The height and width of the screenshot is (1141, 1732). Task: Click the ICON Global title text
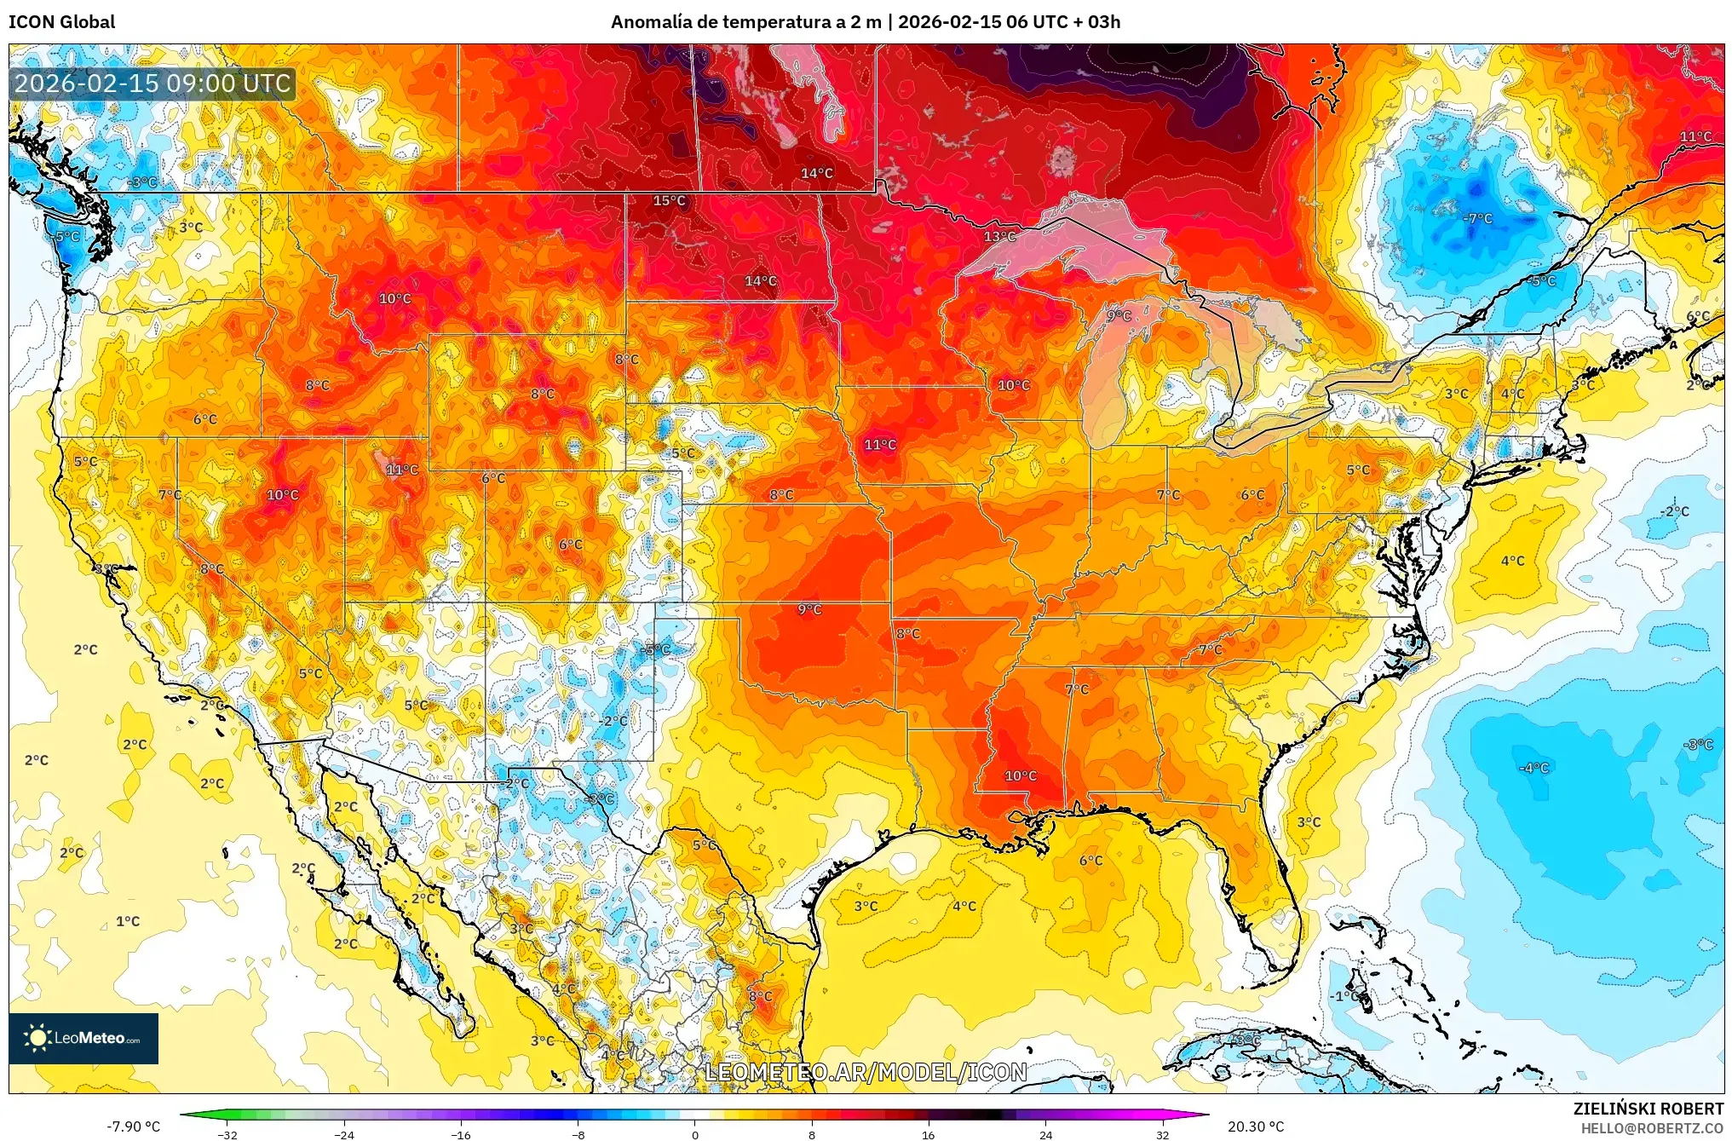tap(61, 21)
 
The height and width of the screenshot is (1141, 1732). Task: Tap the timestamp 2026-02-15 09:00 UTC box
tap(153, 84)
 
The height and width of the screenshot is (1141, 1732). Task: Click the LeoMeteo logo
tap(83, 1038)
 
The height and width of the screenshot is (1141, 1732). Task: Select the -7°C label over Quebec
tap(1478, 219)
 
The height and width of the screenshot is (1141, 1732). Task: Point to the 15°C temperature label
tap(669, 201)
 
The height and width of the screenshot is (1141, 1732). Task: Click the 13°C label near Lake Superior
tap(999, 237)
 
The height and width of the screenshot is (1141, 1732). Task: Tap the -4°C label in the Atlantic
tap(1533, 768)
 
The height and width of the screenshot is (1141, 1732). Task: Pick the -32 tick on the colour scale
tap(227, 1134)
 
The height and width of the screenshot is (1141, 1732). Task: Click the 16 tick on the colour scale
tap(928, 1134)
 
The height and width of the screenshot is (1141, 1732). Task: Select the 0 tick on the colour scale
tap(695, 1134)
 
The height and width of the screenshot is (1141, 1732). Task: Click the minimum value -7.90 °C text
tap(133, 1127)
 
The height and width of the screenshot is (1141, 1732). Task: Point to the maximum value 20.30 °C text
tap(1255, 1127)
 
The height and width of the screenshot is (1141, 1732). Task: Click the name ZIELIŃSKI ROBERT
tap(1648, 1109)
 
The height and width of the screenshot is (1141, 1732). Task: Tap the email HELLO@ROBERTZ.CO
tap(1652, 1128)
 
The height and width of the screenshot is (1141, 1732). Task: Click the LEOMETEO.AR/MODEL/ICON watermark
tap(866, 1072)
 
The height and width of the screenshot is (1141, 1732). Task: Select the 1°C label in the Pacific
tap(128, 921)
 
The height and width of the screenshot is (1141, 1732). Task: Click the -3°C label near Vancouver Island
tap(142, 182)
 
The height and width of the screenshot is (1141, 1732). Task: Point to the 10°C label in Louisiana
tap(1020, 775)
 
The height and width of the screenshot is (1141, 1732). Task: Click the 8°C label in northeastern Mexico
tap(760, 996)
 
